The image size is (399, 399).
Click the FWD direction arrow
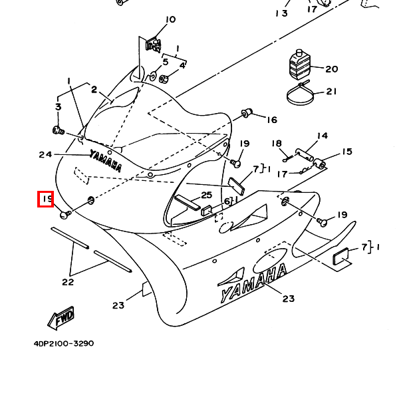pos(61,318)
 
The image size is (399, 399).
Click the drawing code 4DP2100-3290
pos(64,344)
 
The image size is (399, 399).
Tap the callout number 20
pos(332,69)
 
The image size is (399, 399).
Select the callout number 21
pos(331,91)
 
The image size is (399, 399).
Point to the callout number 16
pos(272,120)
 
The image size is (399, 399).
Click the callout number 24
pos(45,154)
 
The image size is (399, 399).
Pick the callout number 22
pos(68,282)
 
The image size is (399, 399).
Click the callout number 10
pos(170,19)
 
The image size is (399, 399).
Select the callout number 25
pos(206,195)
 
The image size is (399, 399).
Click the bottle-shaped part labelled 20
pos(299,64)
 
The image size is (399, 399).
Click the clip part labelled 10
pos(154,45)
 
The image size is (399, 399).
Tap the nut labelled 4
pos(164,79)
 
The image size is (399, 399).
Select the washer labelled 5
pos(153,76)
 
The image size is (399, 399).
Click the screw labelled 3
pos(59,130)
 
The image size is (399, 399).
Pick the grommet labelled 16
pos(247,113)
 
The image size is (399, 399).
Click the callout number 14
pos(323,136)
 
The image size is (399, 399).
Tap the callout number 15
pos(347,152)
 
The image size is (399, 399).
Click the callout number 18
pos(277,144)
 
